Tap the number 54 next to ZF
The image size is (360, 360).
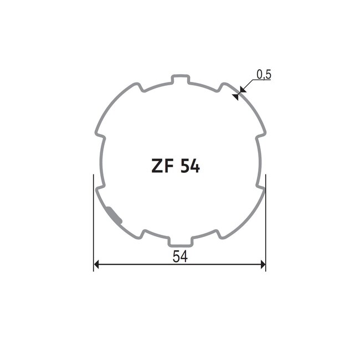point(189,166)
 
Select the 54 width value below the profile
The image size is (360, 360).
point(179,256)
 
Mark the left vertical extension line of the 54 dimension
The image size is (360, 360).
point(93,222)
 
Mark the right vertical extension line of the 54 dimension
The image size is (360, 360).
point(266,222)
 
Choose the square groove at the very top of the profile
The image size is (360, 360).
point(179,79)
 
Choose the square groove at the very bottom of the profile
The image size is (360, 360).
point(179,241)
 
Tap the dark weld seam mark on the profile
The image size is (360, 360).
point(115,213)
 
